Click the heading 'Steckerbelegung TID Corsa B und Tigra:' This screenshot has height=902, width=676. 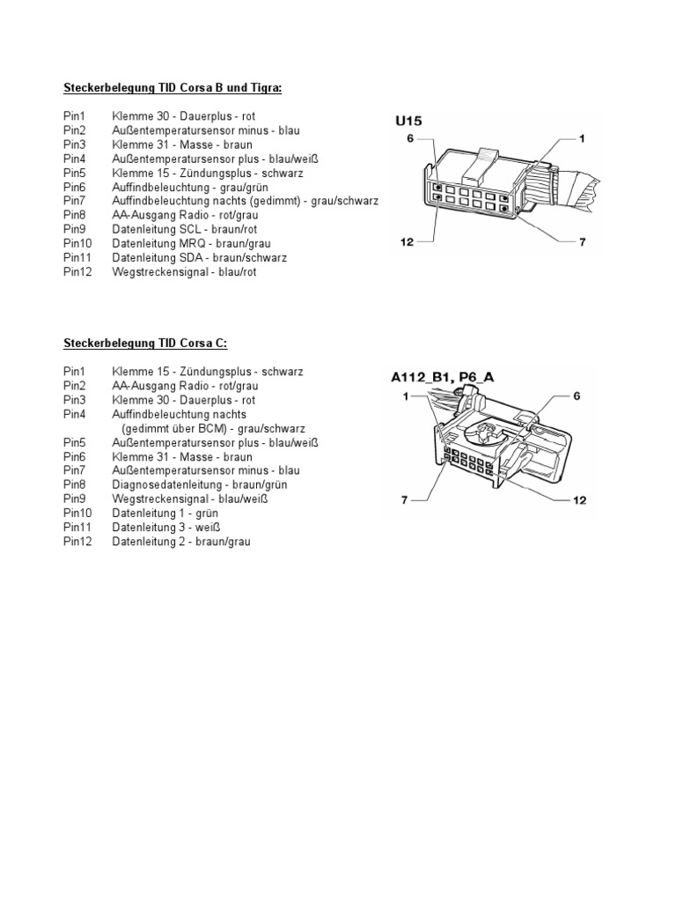point(173,87)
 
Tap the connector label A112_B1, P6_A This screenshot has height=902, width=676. point(455,377)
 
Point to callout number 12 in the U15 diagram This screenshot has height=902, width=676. point(407,242)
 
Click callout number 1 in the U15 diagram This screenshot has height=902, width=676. point(582,138)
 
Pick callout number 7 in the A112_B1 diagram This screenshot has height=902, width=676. point(405,499)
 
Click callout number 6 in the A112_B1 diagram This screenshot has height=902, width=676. point(577,396)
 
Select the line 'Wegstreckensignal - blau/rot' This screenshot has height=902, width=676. point(185,272)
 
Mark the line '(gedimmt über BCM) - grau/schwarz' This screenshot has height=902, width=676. point(213,428)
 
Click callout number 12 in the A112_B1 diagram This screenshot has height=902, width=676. point(579,499)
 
